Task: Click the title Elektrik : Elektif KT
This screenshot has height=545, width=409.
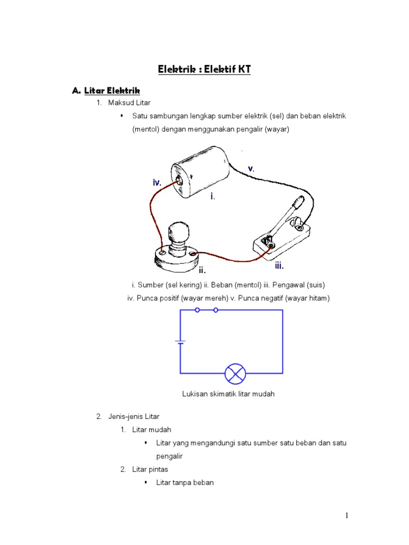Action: coord(204,69)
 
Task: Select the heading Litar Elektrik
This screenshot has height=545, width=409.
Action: coord(112,90)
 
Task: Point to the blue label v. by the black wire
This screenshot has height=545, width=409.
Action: coord(251,169)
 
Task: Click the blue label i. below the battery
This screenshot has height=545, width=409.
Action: coord(212,196)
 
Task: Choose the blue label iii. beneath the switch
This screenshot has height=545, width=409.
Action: coord(279,266)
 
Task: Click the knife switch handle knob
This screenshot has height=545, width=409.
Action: coord(298,203)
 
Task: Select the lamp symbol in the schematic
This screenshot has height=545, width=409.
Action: coord(235,374)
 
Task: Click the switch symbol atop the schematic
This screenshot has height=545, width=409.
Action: coord(206,310)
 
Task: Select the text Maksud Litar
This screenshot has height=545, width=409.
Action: coord(128,103)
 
